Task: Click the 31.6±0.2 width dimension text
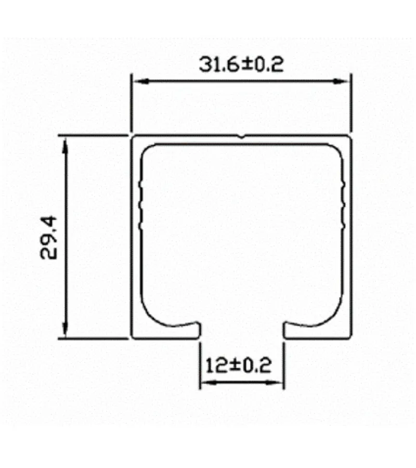[240, 64]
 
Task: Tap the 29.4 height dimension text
[51, 238]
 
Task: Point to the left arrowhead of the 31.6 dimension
[136, 81]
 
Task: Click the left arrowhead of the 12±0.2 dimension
[206, 383]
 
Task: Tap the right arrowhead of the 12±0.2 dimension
[279, 383]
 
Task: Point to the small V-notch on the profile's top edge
[242, 137]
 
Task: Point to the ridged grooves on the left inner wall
[140, 205]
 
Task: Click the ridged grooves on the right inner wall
[344, 205]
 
